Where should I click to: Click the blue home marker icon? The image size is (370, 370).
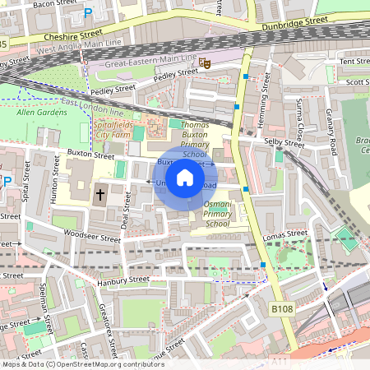(x=185, y=177)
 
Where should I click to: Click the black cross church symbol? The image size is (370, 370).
(x=100, y=195)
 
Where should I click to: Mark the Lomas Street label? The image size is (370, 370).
(x=284, y=235)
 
